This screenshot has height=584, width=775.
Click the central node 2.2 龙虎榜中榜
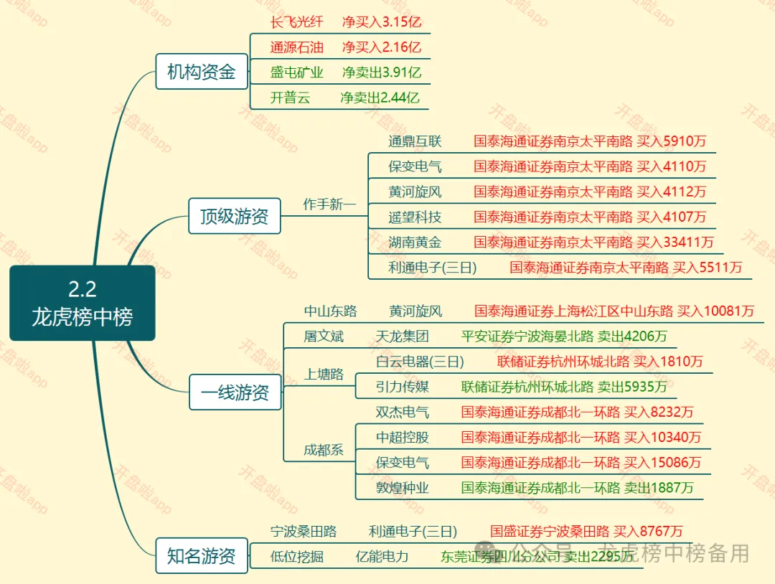[x=83, y=303]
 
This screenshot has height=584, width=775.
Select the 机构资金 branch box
[x=202, y=72]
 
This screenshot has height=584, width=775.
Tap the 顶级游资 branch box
[x=234, y=216]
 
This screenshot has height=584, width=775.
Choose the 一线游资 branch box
[x=235, y=392]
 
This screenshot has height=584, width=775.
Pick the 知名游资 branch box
[x=202, y=556]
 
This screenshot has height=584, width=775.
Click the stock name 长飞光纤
[x=297, y=22]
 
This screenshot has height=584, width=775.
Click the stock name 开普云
[x=291, y=98]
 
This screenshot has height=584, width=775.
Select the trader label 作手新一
[x=329, y=204]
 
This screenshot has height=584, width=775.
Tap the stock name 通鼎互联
[x=415, y=141]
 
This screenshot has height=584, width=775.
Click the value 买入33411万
[x=675, y=242]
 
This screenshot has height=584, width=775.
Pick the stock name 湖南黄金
[x=415, y=242]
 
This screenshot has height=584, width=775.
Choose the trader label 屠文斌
[x=324, y=336]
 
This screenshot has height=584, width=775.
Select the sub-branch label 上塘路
[x=324, y=375]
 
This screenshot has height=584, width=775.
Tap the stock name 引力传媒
[x=402, y=387]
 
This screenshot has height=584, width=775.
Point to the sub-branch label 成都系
[x=324, y=451]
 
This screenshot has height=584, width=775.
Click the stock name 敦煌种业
[x=402, y=489]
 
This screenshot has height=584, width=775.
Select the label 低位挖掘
[x=297, y=556]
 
